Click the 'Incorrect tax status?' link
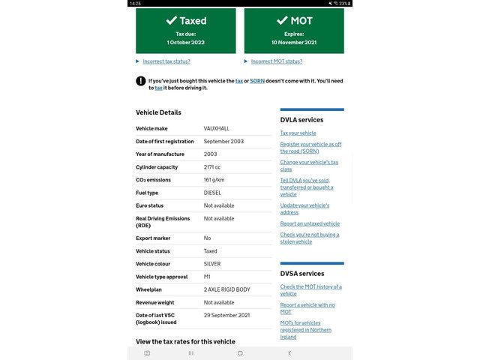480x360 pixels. (166, 61)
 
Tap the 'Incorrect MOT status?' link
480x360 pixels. (276, 61)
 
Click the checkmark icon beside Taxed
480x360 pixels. (172, 21)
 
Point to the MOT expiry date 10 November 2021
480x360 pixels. (294, 43)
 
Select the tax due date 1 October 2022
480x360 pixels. (185, 43)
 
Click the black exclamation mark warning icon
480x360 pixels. (140, 81)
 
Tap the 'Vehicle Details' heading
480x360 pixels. (158, 112)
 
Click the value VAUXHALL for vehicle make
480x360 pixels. (217, 129)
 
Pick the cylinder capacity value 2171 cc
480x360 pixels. (212, 167)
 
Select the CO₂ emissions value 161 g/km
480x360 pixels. (214, 180)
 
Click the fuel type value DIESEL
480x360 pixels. (213, 193)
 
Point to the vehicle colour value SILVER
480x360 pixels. (212, 264)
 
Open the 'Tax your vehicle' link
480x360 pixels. (298, 133)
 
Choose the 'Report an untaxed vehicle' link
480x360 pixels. (310, 223)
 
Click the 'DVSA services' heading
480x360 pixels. (301, 274)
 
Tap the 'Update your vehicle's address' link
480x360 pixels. (304, 208)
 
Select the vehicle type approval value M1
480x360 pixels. (207, 277)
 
